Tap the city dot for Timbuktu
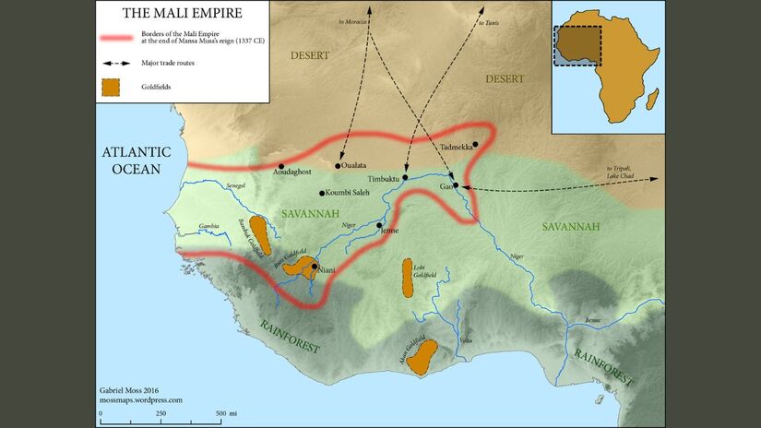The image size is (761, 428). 405,177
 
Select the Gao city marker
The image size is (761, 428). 456,185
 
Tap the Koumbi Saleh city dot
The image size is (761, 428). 321,193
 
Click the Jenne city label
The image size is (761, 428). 389,232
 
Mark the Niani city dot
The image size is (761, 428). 315,267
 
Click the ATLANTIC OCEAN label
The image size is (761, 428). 131,160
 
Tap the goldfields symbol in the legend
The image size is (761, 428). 112,87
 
